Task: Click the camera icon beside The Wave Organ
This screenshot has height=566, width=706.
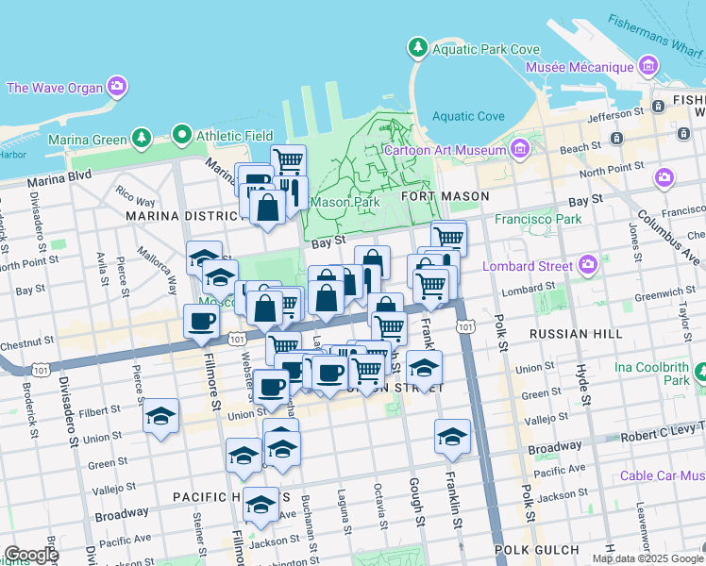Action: [117, 88]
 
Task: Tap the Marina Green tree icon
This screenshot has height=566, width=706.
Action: [142, 139]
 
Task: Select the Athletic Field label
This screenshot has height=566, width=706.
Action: [234, 136]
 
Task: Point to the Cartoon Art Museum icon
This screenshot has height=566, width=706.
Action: [519, 149]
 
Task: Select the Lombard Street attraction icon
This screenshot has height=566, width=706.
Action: [589, 264]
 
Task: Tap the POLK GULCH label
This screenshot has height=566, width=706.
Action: [539, 549]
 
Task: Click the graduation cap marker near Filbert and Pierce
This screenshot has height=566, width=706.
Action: [161, 415]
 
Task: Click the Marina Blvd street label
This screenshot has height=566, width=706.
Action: [59, 177]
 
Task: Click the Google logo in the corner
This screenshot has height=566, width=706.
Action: [31, 555]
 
